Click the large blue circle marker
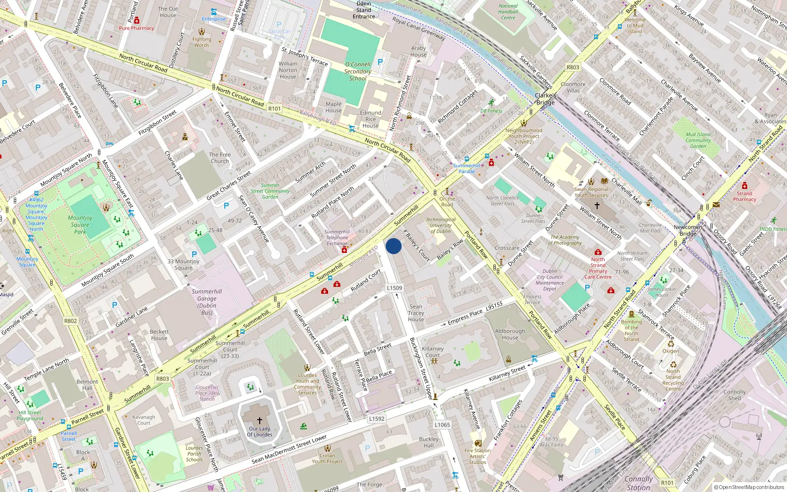(393, 246)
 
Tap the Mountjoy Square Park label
(80, 224)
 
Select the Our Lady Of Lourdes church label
(259, 431)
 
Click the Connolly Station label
(638, 483)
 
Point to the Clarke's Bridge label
(545, 99)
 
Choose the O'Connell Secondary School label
(358, 71)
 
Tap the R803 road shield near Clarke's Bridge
(573, 67)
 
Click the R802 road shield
(71, 321)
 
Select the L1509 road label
(394, 288)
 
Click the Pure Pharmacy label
(136, 28)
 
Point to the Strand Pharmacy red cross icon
(745, 185)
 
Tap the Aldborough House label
(510, 335)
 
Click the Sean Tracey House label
(416, 313)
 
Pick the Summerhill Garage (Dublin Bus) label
(207, 302)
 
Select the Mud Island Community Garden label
(698, 140)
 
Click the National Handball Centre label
(508, 12)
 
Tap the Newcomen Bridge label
(688, 230)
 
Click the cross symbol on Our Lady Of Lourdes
(259, 421)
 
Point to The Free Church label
(219, 157)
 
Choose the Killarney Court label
(433, 352)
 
